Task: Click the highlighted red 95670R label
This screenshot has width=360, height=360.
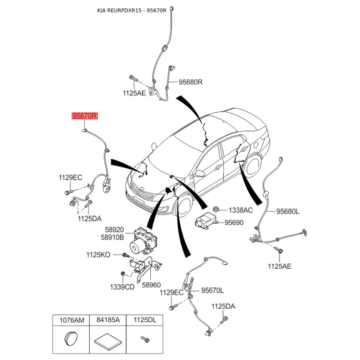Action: coord(85,116)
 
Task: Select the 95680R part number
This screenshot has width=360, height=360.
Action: coord(190,82)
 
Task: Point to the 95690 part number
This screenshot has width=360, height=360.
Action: coord(234,222)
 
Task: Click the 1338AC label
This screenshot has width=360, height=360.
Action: coord(240,210)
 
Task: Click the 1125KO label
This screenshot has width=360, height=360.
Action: coord(98,255)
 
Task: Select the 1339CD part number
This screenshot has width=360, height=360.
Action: coord(122,287)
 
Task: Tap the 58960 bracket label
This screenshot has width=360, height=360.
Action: coord(151,285)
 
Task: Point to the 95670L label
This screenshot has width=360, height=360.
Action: coord(212,291)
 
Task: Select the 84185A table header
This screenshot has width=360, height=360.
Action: coord(108,320)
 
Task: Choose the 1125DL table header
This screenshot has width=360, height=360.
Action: coord(144,320)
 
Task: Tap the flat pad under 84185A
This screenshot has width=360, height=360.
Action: coord(108,341)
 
